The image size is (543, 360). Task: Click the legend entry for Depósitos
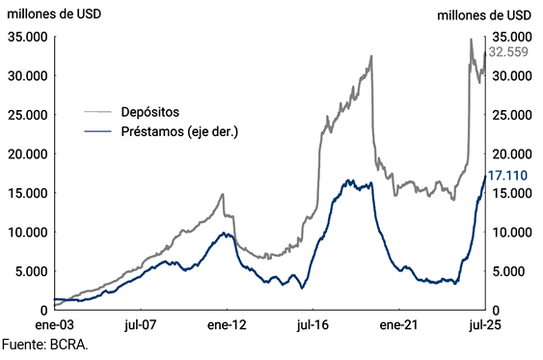point(149,112)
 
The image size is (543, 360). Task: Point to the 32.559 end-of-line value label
point(508,51)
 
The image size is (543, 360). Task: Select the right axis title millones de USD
point(485,14)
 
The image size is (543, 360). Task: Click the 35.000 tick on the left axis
point(27,37)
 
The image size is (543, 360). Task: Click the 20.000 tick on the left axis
point(27,153)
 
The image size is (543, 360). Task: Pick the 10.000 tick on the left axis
point(27,232)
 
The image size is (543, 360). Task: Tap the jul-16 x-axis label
point(314,326)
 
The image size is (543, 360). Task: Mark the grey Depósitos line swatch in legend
point(98,112)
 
